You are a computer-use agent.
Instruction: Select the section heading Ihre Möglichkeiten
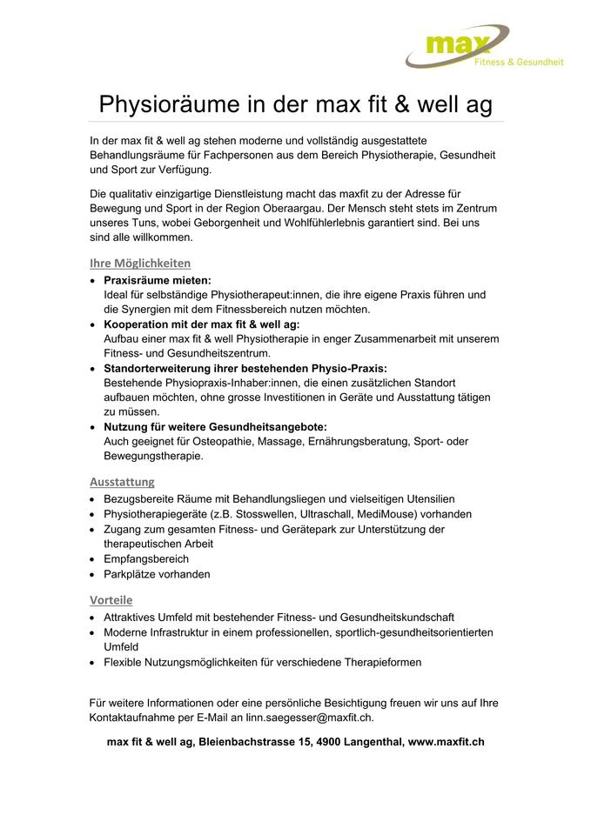click(x=139, y=263)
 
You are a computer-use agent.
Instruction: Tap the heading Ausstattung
click(x=122, y=481)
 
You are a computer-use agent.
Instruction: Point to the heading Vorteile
click(x=111, y=599)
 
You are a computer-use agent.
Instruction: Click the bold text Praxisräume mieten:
click(x=158, y=280)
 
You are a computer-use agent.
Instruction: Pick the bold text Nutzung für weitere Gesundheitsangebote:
click(x=215, y=426)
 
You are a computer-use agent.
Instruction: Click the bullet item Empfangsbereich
click(x=145, y=558)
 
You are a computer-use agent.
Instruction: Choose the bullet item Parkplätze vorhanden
click(x=157, y=574)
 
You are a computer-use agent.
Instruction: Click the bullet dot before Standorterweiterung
click(x=94, y=369)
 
